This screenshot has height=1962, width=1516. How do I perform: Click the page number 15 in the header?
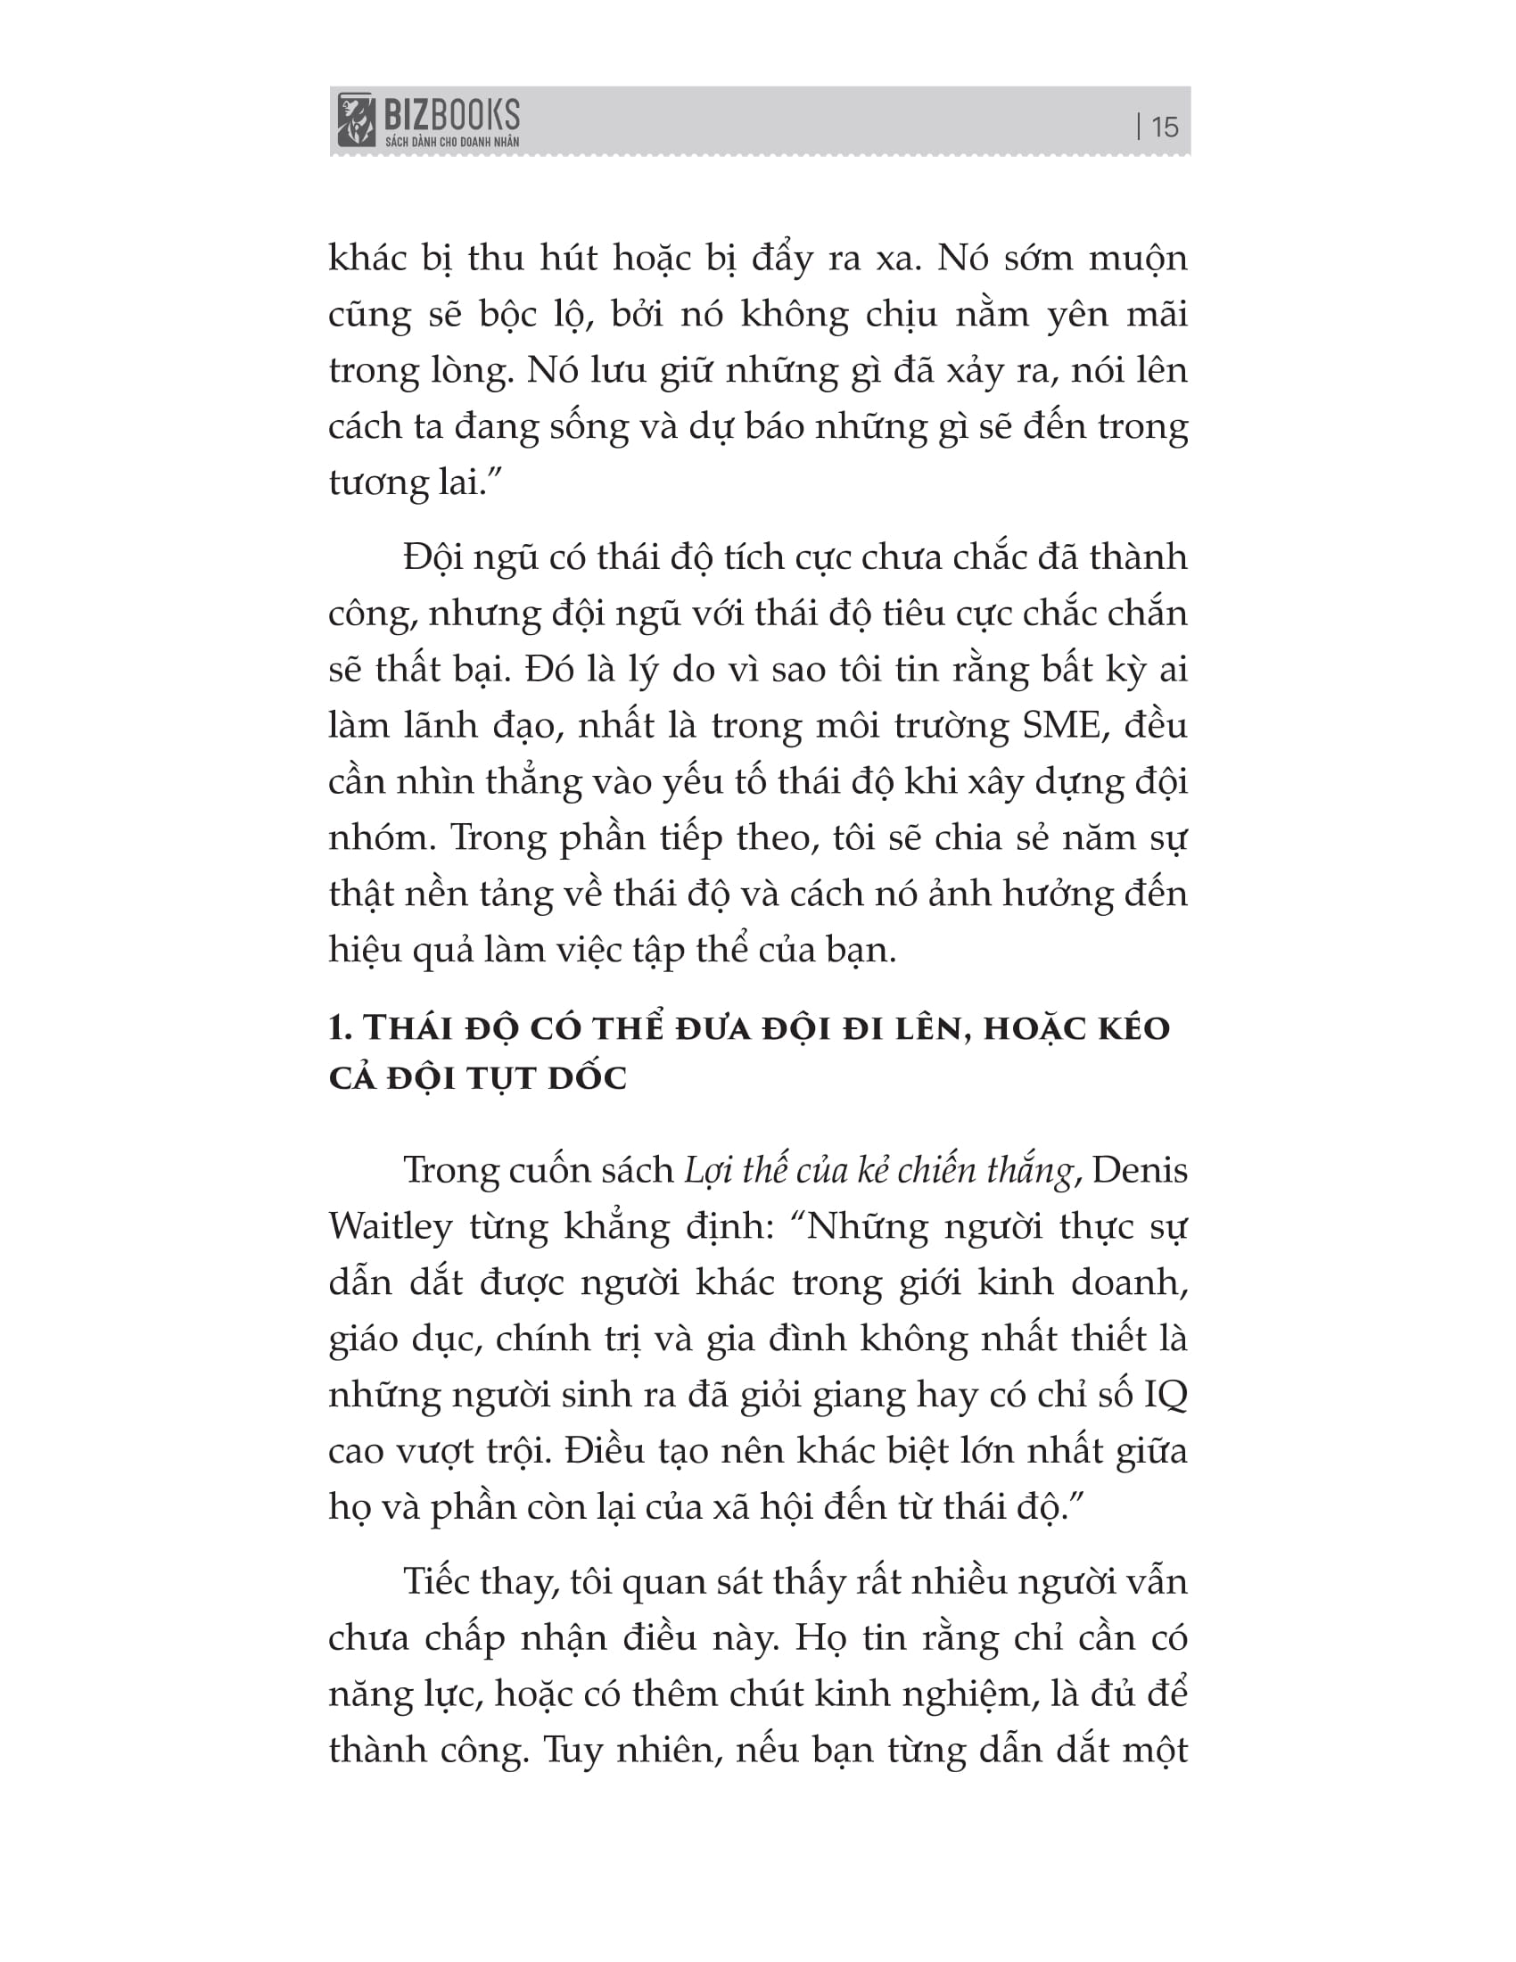1164,127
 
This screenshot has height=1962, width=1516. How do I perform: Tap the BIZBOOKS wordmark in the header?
452,115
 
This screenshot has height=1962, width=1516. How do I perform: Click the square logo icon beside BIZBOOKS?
356,120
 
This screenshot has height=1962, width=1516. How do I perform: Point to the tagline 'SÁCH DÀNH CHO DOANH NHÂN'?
452,142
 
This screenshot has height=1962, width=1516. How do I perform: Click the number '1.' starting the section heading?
341,1028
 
